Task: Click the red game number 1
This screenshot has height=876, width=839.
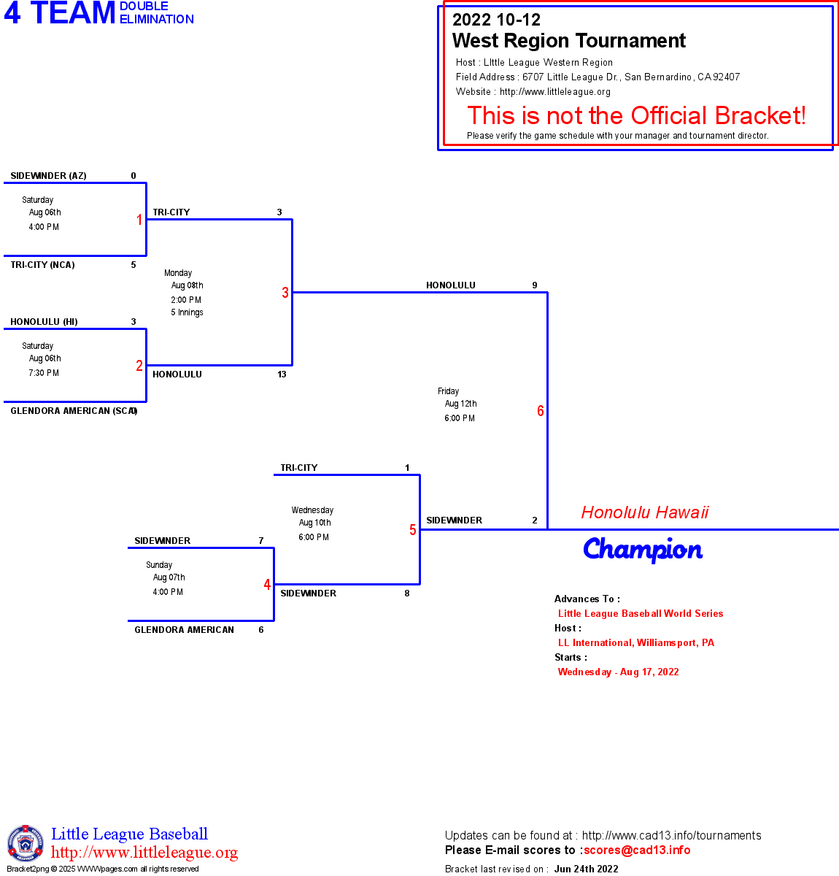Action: click(x=139, y=220)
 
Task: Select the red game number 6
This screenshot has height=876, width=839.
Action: click(x=541, y=411)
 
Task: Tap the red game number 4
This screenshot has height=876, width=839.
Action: click(x=267, y=585)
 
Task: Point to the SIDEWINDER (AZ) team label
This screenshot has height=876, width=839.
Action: click(x=48, y=176)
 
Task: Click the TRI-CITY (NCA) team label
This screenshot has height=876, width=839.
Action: click(x=42, y=265)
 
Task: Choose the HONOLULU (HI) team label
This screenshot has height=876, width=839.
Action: click(x=44, y=322)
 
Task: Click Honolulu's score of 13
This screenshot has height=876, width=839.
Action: click(x=282, y=374)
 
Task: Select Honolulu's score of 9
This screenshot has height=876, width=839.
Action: click(x=535, y=285)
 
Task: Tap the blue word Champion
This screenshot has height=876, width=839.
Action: click(x=643, y=550)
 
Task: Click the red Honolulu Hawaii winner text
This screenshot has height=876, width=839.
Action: click(x=645, y=512)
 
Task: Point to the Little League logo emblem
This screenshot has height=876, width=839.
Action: click(x=26, y=843)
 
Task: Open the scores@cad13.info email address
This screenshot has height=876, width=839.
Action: click(x=637, y=850)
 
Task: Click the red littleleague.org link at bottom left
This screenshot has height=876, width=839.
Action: click(x=144, y=853)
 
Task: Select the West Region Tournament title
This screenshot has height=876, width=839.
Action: click(x=569, y=41)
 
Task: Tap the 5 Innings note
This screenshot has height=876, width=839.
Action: click(x=187, y=312)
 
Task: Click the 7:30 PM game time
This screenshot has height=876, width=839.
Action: click(x=44, y=373)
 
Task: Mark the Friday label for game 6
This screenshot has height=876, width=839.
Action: click(x=449, y=391)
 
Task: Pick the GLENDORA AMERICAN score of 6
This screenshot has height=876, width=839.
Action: click(x=261, y=630)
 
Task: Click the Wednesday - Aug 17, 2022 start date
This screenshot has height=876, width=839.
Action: click(x=618, y=672)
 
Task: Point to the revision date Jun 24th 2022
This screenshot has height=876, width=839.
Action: click(x=586, y=869)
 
